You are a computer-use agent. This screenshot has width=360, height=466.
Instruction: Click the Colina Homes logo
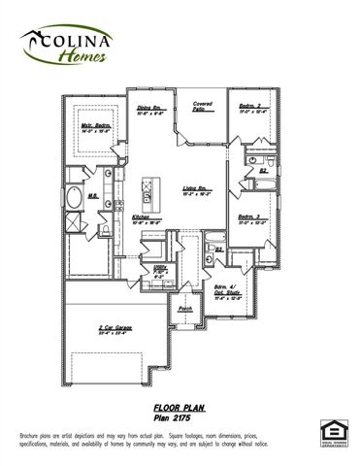[66, 45]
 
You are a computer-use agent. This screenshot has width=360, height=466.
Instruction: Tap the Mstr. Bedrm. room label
[95, 128]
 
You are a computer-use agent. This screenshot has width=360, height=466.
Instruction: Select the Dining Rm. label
[148, 110]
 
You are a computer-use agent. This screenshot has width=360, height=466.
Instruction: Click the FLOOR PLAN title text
[178, 409]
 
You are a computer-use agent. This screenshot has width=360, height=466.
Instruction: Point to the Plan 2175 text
[177, 418]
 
